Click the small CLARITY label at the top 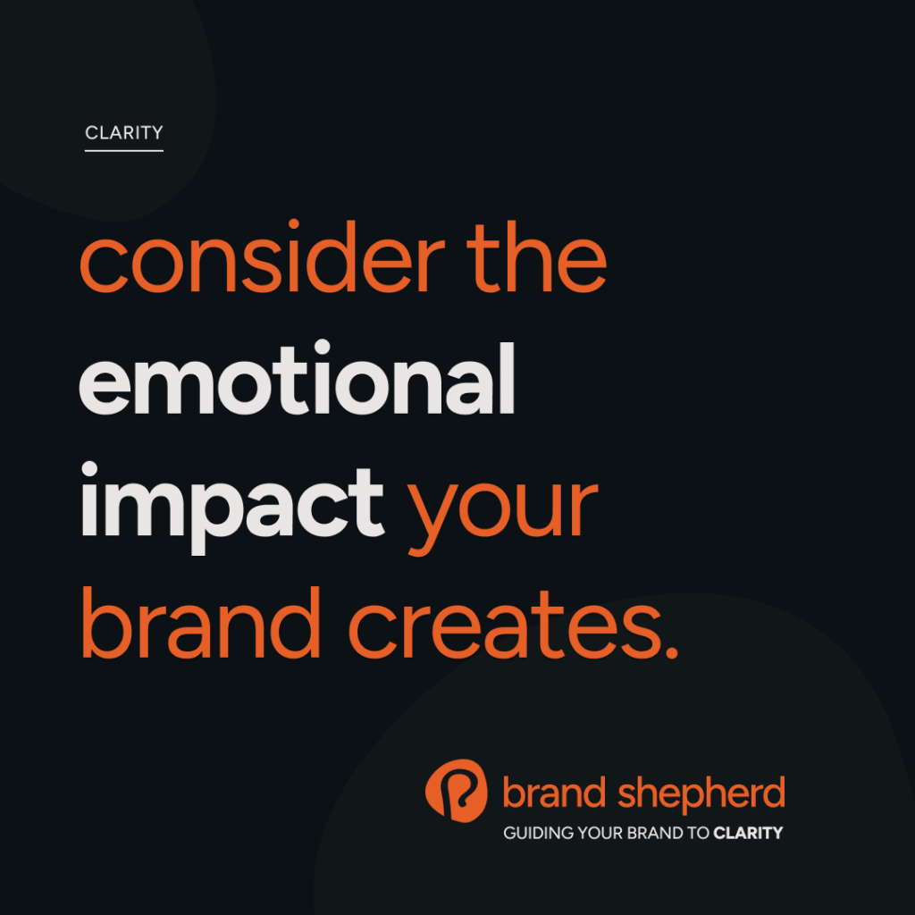coord(123,132)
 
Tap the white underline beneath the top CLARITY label coord(123,150)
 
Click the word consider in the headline coord(263,256)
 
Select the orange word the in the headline coord(537,256)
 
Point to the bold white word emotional coord(297,378)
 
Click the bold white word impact coord(232,508)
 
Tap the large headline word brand coord(201,623)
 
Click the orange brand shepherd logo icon coord(457,791)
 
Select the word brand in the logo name coord(554,793)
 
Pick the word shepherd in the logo coord(701,794)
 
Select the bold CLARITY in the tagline coord(748,833)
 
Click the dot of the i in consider coord(293,224)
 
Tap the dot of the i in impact coord(89,468)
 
